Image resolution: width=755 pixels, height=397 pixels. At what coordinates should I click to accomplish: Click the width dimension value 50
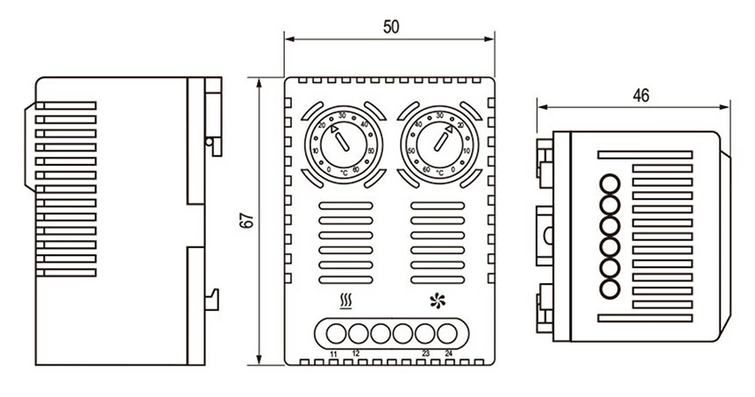(390, 26)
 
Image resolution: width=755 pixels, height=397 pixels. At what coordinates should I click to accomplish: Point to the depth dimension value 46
(640, 96)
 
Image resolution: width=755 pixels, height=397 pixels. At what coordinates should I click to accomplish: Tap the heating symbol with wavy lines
(345, 303)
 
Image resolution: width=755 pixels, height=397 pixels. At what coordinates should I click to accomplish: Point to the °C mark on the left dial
(343, 173)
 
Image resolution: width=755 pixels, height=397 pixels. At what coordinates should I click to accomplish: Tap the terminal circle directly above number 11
(335, 333)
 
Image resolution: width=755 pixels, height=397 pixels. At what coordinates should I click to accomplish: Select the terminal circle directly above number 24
(448, 333)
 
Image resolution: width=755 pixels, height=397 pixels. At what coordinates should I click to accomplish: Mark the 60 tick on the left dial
(356, 169)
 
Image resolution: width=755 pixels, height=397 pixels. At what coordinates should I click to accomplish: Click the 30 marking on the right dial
(438, 116)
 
